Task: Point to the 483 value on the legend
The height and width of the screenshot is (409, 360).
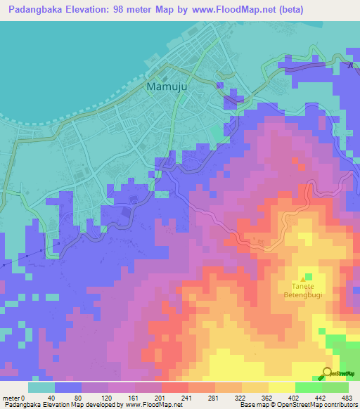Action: (x=345, y=398)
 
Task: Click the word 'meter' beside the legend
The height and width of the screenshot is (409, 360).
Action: (x=11, y=398)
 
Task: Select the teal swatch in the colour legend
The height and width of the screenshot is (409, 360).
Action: (x=41, y=387)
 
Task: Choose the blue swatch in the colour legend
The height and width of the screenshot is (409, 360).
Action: (x=68, y=387)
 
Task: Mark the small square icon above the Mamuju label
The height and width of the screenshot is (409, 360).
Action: (x=166, y=78)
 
